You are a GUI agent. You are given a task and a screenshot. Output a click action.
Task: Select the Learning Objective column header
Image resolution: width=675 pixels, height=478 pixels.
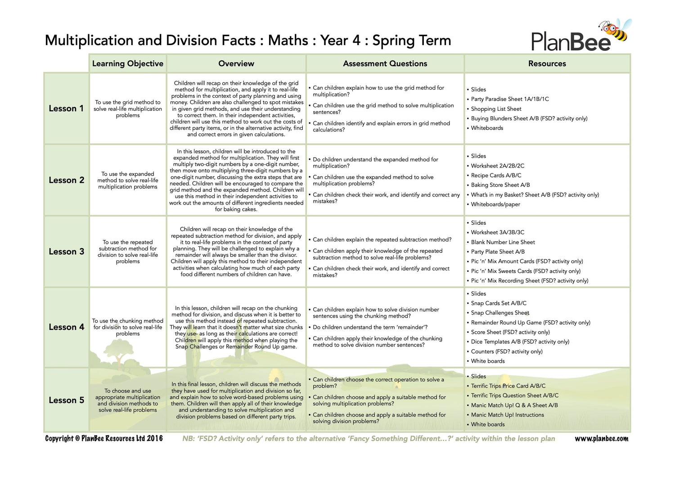click(128, 64)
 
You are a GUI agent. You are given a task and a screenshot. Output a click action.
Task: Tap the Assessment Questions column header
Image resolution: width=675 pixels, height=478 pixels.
click(385, 64)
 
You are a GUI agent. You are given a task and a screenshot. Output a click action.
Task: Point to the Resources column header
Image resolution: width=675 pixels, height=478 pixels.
click(547, 64)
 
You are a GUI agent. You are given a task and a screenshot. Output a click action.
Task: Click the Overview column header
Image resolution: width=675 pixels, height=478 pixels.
click(236, 64)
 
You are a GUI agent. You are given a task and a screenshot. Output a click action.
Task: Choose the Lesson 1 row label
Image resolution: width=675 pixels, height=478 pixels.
click(66, 109)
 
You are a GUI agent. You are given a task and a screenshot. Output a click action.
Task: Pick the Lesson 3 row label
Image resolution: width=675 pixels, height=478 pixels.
click(66, 252)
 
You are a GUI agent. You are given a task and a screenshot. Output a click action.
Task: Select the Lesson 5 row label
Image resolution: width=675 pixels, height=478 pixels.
click(66, 401)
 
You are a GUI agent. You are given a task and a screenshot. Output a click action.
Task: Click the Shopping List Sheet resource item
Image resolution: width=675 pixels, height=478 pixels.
click(496, 109)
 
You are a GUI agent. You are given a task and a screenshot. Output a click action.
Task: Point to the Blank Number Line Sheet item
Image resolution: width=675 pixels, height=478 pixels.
click(503, 242)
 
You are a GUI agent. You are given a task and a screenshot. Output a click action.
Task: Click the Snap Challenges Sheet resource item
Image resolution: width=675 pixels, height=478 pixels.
click(500, 313)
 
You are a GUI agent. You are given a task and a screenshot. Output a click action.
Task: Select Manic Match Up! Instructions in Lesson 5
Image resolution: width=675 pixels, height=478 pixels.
click(507, 415)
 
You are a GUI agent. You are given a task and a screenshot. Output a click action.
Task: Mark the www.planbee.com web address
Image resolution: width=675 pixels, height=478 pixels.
click(601, 439)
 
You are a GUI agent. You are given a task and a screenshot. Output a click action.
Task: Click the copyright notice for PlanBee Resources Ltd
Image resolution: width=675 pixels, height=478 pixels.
click(104, 438)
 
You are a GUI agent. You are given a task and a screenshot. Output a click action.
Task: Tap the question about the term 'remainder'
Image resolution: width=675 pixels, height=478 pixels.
click(370, 327)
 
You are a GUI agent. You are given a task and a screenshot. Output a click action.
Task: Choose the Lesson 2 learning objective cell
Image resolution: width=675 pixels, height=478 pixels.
click(128, 180)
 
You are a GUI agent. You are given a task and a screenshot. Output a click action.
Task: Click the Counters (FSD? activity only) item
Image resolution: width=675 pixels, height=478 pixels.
click(507, 351)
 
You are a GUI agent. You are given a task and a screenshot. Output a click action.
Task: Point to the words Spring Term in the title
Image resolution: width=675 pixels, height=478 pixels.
click(411, 41)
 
